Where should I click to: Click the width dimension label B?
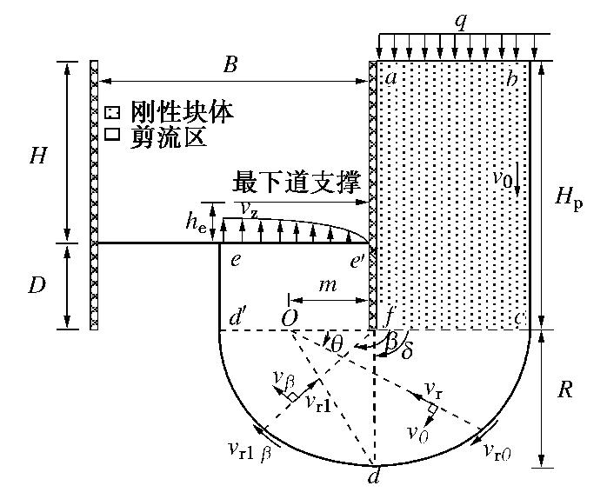click(x=230, y=66)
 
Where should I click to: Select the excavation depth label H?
click(x=38, y=156)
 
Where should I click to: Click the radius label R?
click(x=564, y=389)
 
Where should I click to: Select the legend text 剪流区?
click(x=169, y=136)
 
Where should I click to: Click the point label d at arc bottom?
click(x=374, y=477)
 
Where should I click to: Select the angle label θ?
click(x=337, y=346)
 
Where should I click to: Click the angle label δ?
click(x=407, y=354)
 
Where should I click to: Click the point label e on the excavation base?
click(x=235, y=260)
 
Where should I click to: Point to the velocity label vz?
click(x=246, y=209)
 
